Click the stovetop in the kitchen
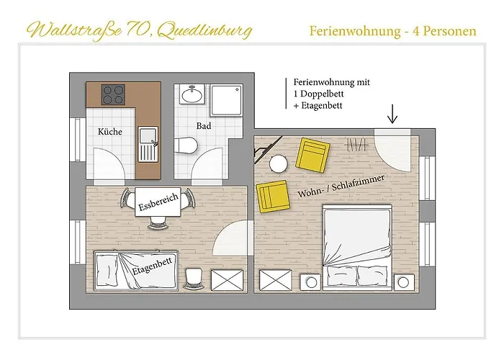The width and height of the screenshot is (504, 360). coord(113,94)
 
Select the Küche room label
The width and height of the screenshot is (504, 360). coord(109,132)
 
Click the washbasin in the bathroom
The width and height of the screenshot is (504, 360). coord(193,94)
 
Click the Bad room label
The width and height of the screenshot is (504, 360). coord(203,126)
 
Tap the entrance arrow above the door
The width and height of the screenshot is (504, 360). coord(392,113)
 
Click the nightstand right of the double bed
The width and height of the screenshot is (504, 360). coord(402,282)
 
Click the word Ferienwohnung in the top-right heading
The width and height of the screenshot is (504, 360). coord(348,31)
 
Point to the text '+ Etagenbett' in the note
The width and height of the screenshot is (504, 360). coord(318,106)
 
